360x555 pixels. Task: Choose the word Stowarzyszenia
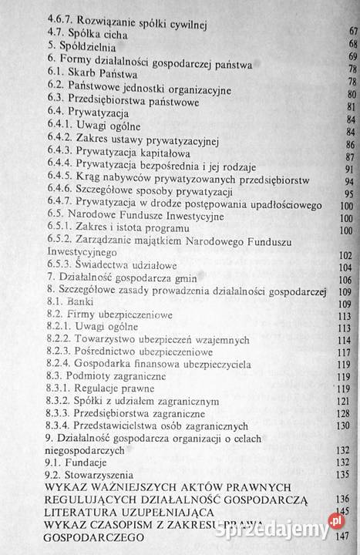pyautogui.click(x=99, y=476)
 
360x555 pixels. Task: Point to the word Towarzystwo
pyautogui.click(x=111, y=341)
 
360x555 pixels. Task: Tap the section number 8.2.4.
pyautogui.click(x=60, y=368)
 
